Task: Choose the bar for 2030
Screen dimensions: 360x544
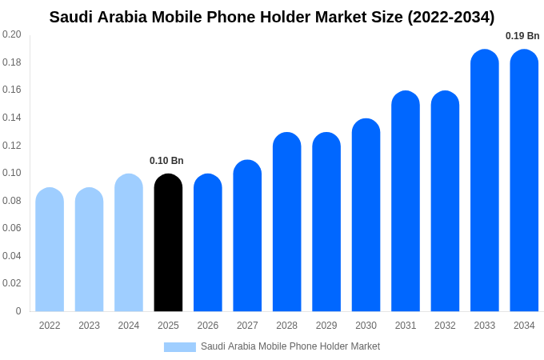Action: coord(366,215)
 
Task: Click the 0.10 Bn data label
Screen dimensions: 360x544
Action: coord(166,161)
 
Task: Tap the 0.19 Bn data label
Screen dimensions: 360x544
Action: coord(522,36)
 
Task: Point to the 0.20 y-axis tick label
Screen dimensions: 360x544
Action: coord(12,34)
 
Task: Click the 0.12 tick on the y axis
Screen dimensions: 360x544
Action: coord(12,146)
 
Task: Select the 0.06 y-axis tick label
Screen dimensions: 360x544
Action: coord(12,228)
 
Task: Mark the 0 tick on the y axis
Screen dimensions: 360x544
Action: coord(18,311)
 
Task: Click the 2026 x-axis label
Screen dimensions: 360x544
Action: coord(208,326)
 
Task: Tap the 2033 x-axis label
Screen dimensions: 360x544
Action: coord(485,326)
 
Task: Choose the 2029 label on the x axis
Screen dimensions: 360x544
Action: coord(326,326)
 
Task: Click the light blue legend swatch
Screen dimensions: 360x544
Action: coord(180,347)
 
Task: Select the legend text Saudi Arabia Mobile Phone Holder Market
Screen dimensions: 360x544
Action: coord(290,346)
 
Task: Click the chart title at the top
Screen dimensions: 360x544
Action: coord(272,17)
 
